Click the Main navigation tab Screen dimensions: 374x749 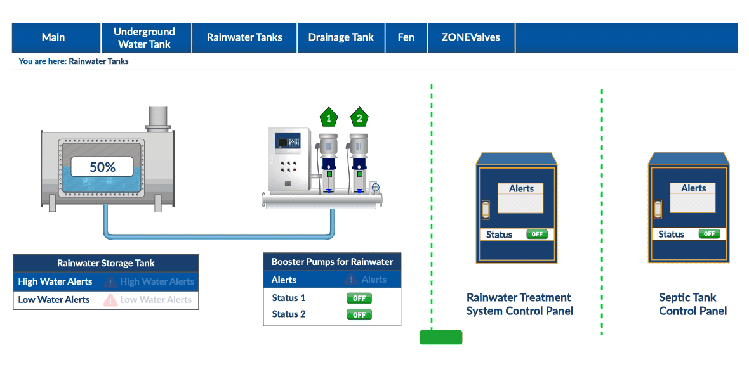click(x=53, y=37)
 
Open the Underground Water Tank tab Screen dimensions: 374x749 click(x=145, y=37)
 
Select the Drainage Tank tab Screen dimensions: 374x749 click(x=341, y=37)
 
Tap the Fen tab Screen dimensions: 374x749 click(x=406, y=37)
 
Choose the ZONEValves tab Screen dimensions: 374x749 click(x=471, y=37)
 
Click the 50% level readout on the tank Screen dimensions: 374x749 click(x=102, y=167)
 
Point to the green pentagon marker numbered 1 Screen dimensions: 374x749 click(x=328, y=117)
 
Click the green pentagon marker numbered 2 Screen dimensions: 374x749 click(x=359, y=117)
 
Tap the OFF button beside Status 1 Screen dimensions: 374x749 click(x=359, y=299)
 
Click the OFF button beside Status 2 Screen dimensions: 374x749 click(x=359, y=314)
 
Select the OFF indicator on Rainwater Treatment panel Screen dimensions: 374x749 click(x=536, y=234)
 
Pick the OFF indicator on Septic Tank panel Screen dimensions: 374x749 click(x=709, y=234)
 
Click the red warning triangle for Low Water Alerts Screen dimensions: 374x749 click(x=110, y=300)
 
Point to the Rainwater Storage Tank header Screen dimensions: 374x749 click(x=105, y=263)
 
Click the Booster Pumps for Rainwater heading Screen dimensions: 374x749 click(x=332, y=262)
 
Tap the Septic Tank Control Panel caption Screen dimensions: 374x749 click(x=693, y=304)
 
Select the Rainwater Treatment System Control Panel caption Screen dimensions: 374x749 click(x=519, y=304)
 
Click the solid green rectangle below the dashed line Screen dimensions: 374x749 click(x=441, y=337)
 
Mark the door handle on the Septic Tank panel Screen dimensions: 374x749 click(x=658, y=209)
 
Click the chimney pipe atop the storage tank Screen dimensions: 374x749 click(x=158, y=119)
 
